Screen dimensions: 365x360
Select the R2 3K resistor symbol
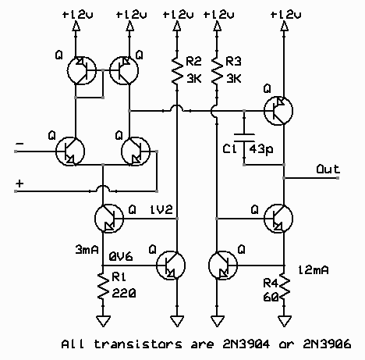point(177,70)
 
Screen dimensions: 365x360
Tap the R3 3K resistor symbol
point(216,70)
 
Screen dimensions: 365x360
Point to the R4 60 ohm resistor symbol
point(284,288)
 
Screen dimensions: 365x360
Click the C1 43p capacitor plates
point(244,138)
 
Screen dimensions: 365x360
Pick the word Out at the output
point(328,169)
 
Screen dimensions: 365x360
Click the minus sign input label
point(19,144)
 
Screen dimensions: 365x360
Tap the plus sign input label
point(19,184)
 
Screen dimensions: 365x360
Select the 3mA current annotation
point(87,249)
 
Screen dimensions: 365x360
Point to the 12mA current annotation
point(314,270)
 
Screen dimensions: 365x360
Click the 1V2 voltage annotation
point(161,209)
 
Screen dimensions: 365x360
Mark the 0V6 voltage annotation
point(121,257)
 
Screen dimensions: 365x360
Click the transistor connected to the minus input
point(70,151)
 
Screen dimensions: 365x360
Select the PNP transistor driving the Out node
point(278,111)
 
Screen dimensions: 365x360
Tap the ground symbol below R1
point(103,321)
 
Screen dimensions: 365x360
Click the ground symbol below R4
point(284,321)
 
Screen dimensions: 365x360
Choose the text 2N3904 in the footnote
point(246,344)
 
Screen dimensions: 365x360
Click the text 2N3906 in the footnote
point(327,344)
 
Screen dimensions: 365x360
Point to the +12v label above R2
point(178,15)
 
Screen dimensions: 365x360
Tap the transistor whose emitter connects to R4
point(278,218)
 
